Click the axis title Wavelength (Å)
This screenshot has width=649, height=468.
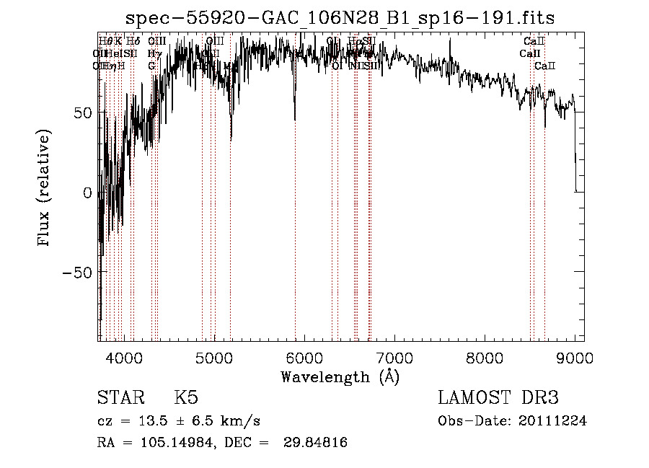(x=340, y=376)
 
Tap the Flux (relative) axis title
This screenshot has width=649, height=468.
(x=44, y=189)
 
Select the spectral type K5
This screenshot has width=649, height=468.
(x=186, y=398)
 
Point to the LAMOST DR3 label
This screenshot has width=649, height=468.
(x=498, y=398)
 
